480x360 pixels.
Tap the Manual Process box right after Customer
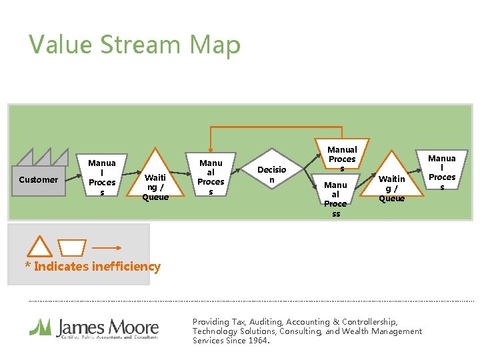click(x=102, y=177)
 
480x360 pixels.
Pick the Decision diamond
click(x=271, y=175)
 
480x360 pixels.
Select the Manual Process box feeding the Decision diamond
click(x=211, y=177)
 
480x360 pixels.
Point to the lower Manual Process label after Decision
click(x=335, y=199)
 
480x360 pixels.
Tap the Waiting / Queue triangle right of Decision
click(x=391, y=180)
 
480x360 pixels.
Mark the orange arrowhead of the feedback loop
click(x=211, y=149)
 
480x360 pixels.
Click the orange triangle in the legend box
click(x=39, y=247)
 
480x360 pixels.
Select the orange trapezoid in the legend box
click(x=72, y=248)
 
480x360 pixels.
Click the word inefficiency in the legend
click(x=125, y=267)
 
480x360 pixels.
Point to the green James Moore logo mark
click(x=41, y=327)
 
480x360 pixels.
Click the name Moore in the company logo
click(x=135, y=328)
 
